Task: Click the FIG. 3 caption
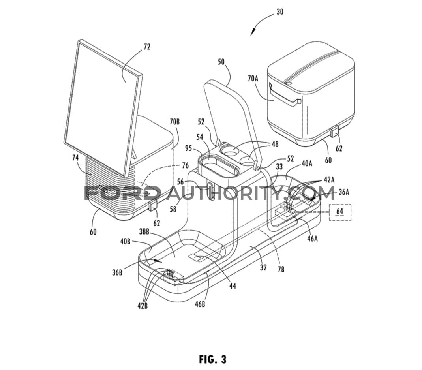pyautogui.click(x=213, y=359)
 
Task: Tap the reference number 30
pyautogui.click(x=280, y=12)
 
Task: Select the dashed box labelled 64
pyautogui.click(x=340, y=212)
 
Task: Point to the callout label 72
pyautogui.click(x=147, y=47)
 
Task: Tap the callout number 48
pyautogui.click(x=275, y=145)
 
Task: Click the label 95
pyautogui.click(x=188, y=148)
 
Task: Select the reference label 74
pyautogui.click(x=75, y=158)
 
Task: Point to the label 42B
pyautogui.click(x=143, y=306)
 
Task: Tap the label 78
pyautogui.click(x=281, y=269)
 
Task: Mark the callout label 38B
pyautogui.click(x=145, y=231)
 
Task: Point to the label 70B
pyautogui.click(x=174, y=122)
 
